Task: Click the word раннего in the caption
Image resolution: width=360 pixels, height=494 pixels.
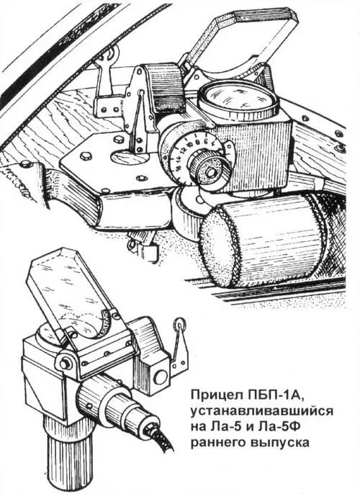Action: tap(218, 442)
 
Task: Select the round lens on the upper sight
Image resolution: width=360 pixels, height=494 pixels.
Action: tap(238, 99)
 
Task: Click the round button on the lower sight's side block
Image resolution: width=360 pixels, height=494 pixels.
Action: tap(161, 376)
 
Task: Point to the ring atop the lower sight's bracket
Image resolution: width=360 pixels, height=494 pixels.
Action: tap(179, 323)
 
